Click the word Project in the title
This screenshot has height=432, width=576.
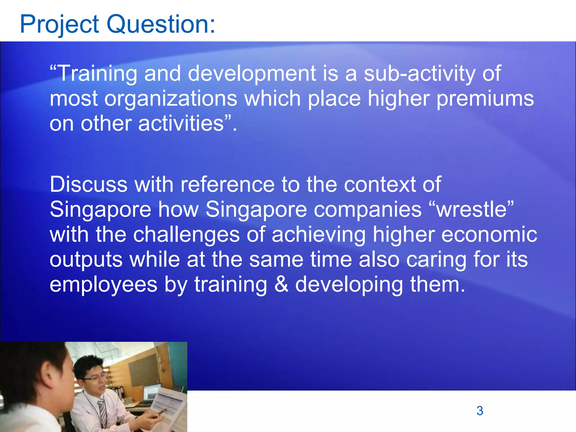click(x=59, y=25)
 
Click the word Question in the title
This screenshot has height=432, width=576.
click(x=160, y=25)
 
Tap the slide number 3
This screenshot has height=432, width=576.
click(x=480, y=411)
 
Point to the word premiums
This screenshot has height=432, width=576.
click(x=485, y=99)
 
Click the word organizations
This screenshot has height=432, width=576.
click(x=171, y=99)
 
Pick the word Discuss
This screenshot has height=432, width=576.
click(x=88, y=184)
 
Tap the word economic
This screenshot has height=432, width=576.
click(x=489, y=235)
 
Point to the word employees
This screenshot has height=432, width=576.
click(x=103, y=285)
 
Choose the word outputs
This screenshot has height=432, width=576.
click(x=86, y=260)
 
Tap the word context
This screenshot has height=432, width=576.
click(x=380, y=184)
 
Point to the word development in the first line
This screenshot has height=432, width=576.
click(x=251, y=74)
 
